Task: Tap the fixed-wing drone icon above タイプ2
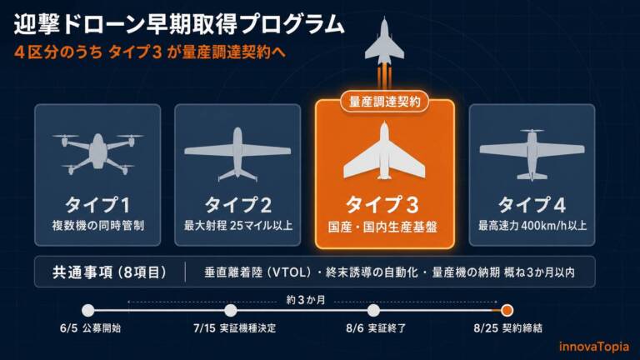pyautogui.click(x=237, y=154)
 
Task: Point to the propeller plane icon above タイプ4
pyautogui.click(x=532, y=155)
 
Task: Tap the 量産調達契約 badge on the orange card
pyautogui.click(x=384, y=101)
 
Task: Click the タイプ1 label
pyautogui.click(x=97, y=204)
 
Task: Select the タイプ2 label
pyautogui.click(x=238, y=204)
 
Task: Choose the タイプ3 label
pyautogui.click(x=382, y=204)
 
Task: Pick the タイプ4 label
pyautogui.click(x=532, y=204)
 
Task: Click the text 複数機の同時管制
pyautogui.click(x=98, y=225)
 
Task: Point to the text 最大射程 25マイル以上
pyautogui.click(x=238, y=225)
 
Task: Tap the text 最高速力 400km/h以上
pyautogui.click(x=532, y=225)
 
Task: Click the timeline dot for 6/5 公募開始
pyautogui.click(x=88, y=310)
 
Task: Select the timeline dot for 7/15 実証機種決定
pyautogui.click(x=231, y=310)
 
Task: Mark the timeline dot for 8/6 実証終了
pyautogui.click(x=373, y=310)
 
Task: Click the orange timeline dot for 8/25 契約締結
pyautogui.click(x=507, y=310)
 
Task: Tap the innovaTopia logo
pyautogui.click(x=594, y=347)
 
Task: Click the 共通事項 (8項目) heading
pyautogui.click(x=110, y=272)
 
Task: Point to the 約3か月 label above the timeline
pyautogui.click(x=306, y=300)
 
